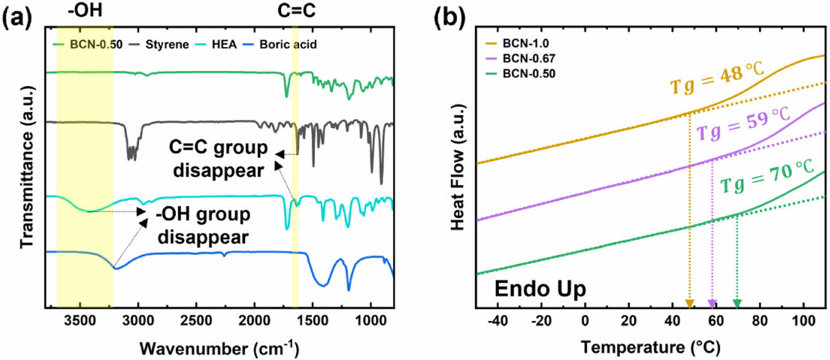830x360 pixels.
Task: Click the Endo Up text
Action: point(540,289)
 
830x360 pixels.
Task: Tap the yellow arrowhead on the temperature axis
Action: point(689,304)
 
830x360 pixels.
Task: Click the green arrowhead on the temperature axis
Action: point(737,304)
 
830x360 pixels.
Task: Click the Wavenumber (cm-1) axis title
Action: point(219,346)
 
